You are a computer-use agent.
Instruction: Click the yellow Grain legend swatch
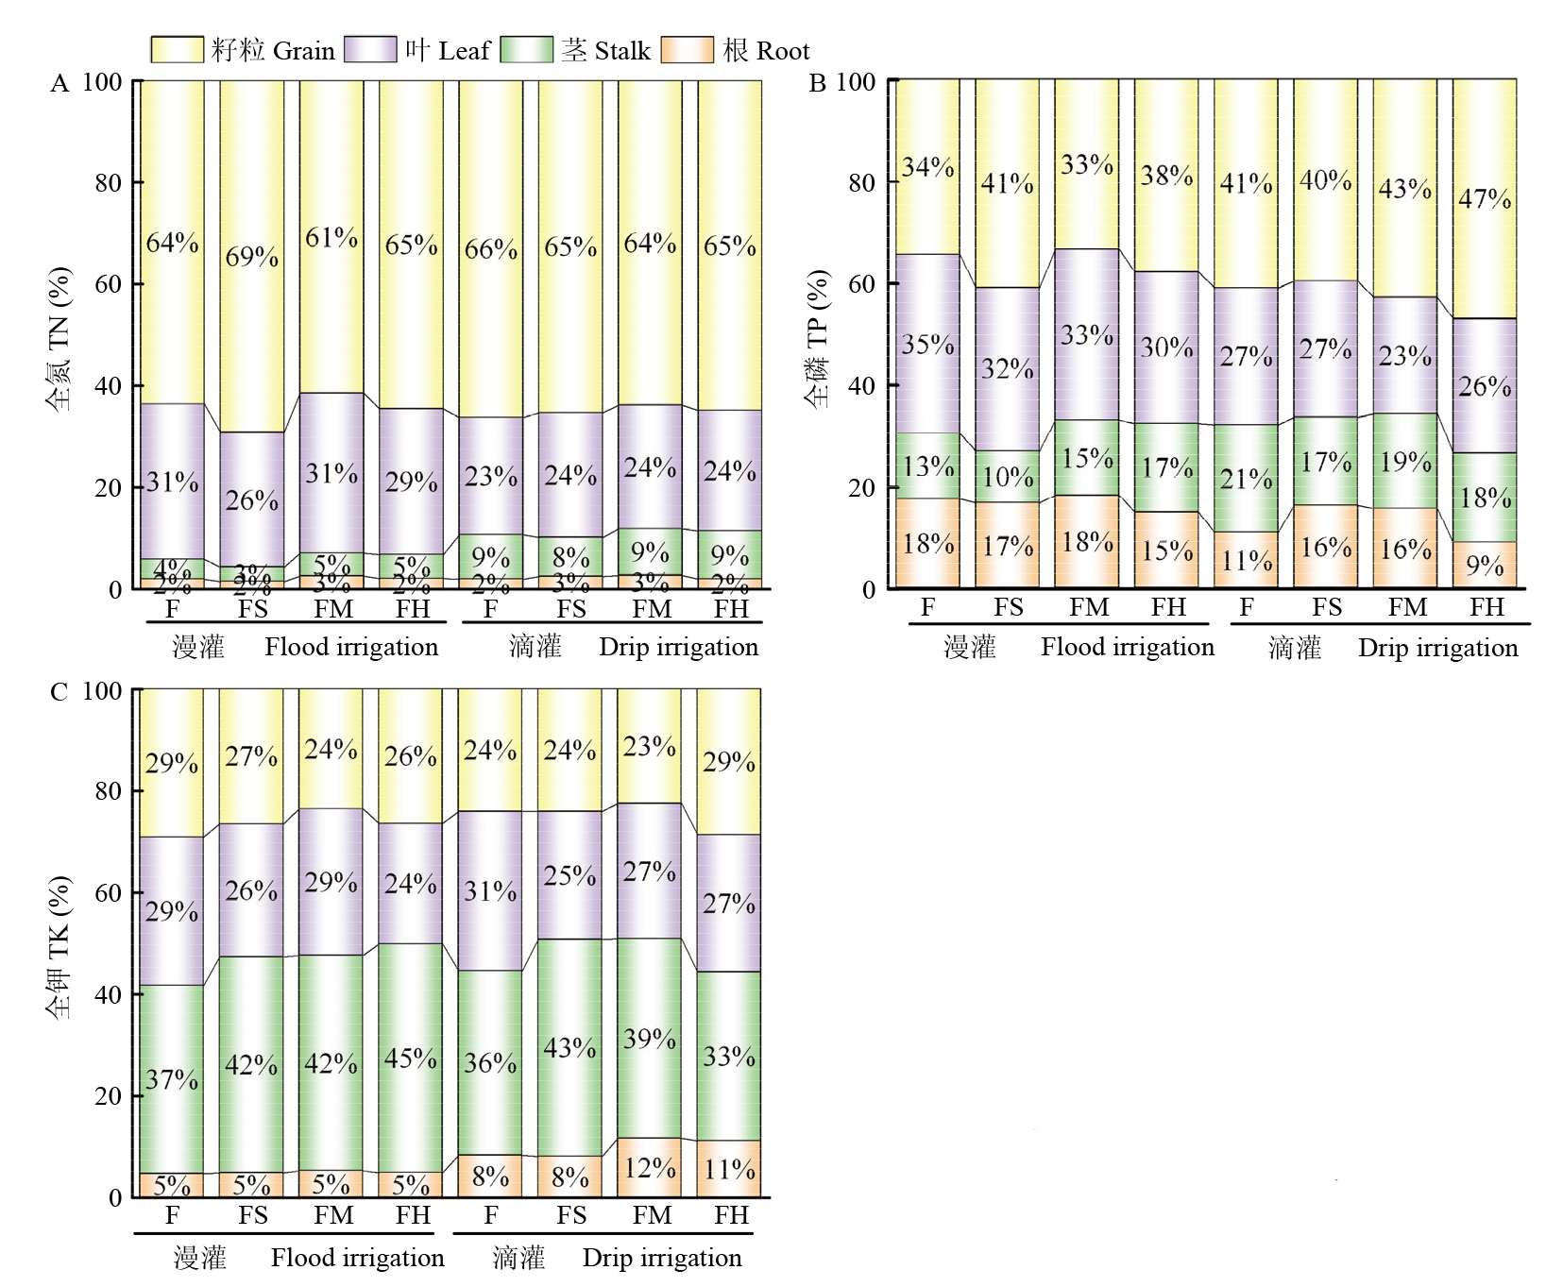(x=177, y=50)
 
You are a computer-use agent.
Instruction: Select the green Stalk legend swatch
(x=526, y=50)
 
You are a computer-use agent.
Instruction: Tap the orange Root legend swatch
(x=687, y=50)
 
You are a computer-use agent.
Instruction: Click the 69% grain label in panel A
(x=251, y=257)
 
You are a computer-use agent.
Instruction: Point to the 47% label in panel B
(x=1485, y=199)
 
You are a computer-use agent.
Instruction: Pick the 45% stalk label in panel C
(x=411, y=1058)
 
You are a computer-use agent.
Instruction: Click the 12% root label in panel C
(x=650, y=1168)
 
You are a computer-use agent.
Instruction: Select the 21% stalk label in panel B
(x=1246, y=479)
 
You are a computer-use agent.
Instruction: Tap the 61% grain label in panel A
(x=331, y=238)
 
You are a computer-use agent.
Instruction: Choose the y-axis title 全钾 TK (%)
(x=59, y=946)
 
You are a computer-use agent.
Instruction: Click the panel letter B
(x=818, y=83)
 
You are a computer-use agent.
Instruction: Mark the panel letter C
(x=59, y=692)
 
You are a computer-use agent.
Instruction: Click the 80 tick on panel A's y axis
(x=108, y=182)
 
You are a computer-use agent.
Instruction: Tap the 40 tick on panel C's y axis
(x=108, y=994)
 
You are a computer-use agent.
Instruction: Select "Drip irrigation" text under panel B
(x=1437, y=648)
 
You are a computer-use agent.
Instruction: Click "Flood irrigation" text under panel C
(x=357, y=1258)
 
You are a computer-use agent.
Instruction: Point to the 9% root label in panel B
(x=1485, y=566)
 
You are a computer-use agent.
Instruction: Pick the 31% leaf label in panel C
(x=490, y=891)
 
